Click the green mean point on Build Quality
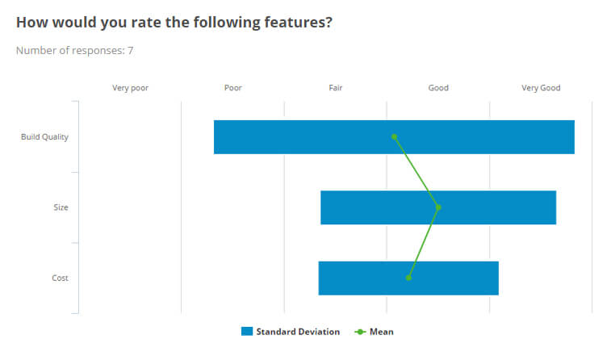[x=394, y=136]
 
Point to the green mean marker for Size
[x=438, y=207]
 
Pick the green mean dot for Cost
[x=408, y=278]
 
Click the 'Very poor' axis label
[x=130, y=88]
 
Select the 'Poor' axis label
[x=232, y=88]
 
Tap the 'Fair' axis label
[x=336, y=88]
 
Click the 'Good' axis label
[x=438, y=88]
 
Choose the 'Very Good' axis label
[x=541, y=88]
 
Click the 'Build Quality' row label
[x=44, y=137]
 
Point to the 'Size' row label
[x=61, y=207]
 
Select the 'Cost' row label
[x=61, y=278]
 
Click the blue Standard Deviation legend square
[x=247, y=332]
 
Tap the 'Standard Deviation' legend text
[x=298, y=332]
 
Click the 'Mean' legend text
[x=382, y=332]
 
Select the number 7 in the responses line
[x=131, y=51]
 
